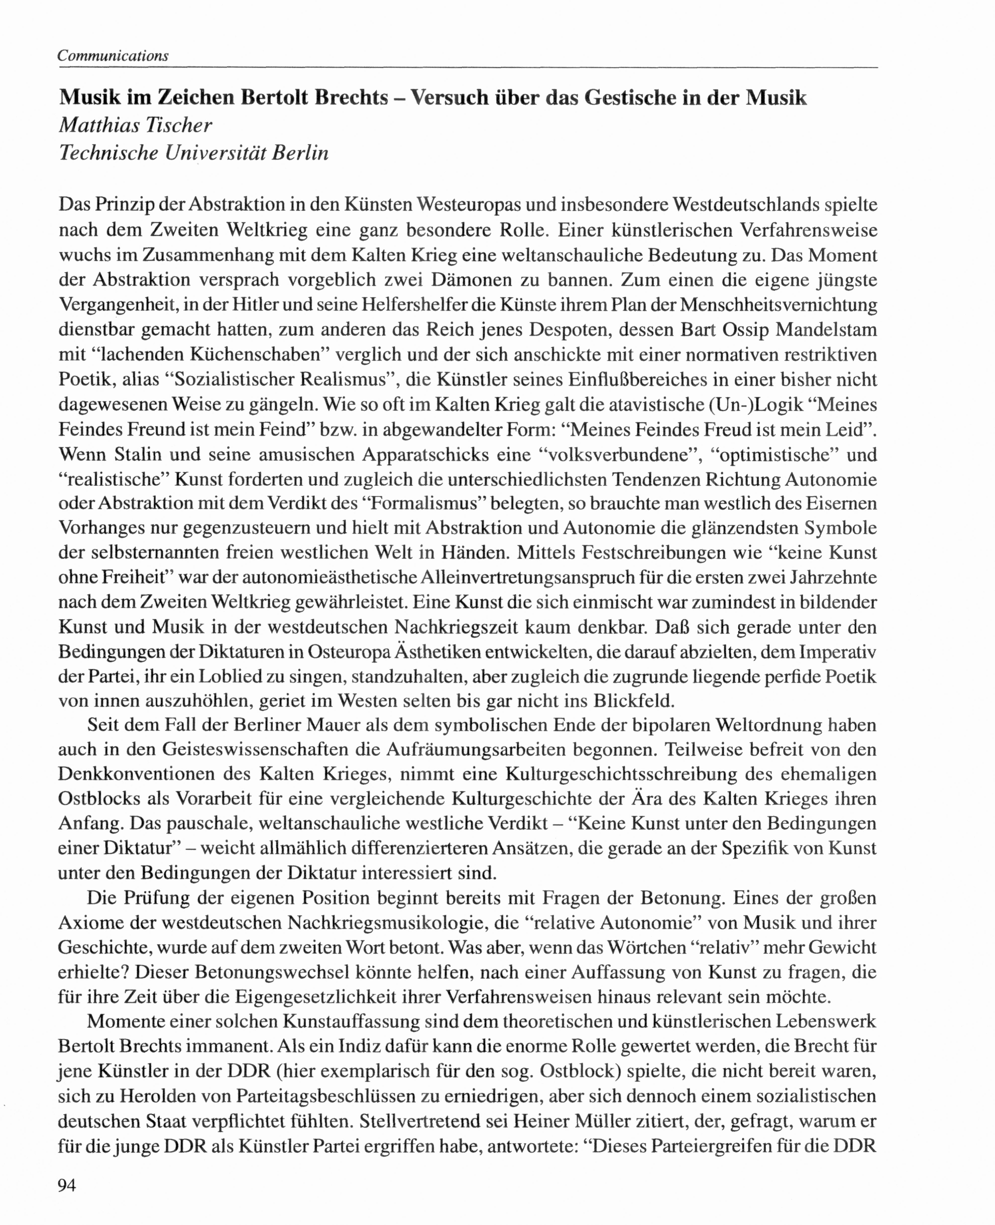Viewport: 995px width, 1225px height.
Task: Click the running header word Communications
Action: coord(113,56)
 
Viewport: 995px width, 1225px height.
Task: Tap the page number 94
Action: coord(67,1185)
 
